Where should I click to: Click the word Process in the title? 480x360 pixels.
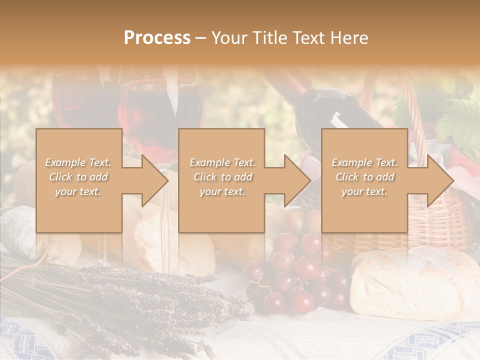click(x=157, y=38)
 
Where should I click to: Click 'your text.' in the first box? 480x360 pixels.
click(x=78, y=191)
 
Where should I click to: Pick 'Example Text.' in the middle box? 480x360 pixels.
click(x=222, y=162)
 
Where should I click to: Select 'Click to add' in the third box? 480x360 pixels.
click(x=364, y=177)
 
